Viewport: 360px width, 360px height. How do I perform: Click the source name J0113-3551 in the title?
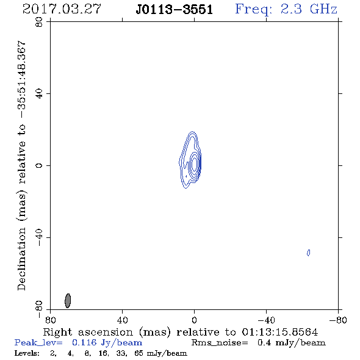(x=174, y=10)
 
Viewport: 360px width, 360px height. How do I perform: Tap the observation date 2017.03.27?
(x=62, y=9)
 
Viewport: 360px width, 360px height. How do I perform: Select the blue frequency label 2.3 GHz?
(x=309, y=9)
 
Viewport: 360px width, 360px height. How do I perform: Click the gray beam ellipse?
(x=68, y=301)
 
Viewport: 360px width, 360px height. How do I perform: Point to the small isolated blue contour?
(x=309, y=253)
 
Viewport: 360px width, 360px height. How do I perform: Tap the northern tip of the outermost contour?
(x=192, y=132)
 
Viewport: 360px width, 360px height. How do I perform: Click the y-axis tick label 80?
(x=39, y=22)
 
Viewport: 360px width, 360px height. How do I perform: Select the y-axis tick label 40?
(x=39, y=94)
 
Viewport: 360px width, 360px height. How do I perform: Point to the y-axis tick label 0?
(x=39, y=165)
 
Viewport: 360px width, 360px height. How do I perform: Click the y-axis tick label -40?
(x=39, y=237)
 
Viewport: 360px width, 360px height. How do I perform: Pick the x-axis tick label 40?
(x=122, y=320)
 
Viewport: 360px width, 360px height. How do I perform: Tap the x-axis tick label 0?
(x=194, y=320)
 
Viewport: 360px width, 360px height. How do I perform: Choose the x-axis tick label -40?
(x=266, y=320)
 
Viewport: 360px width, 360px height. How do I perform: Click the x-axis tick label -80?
(x=338, y=320)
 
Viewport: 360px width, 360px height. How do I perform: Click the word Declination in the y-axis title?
(x=21, y=259)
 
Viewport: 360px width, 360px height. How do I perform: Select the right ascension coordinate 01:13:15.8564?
(x=280, y=332)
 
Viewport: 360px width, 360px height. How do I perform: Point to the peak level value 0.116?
(x=84, y=342)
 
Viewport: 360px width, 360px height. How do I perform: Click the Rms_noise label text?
(x=220, y=343)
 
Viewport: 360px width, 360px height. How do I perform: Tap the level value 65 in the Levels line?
(x=139, y=353)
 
